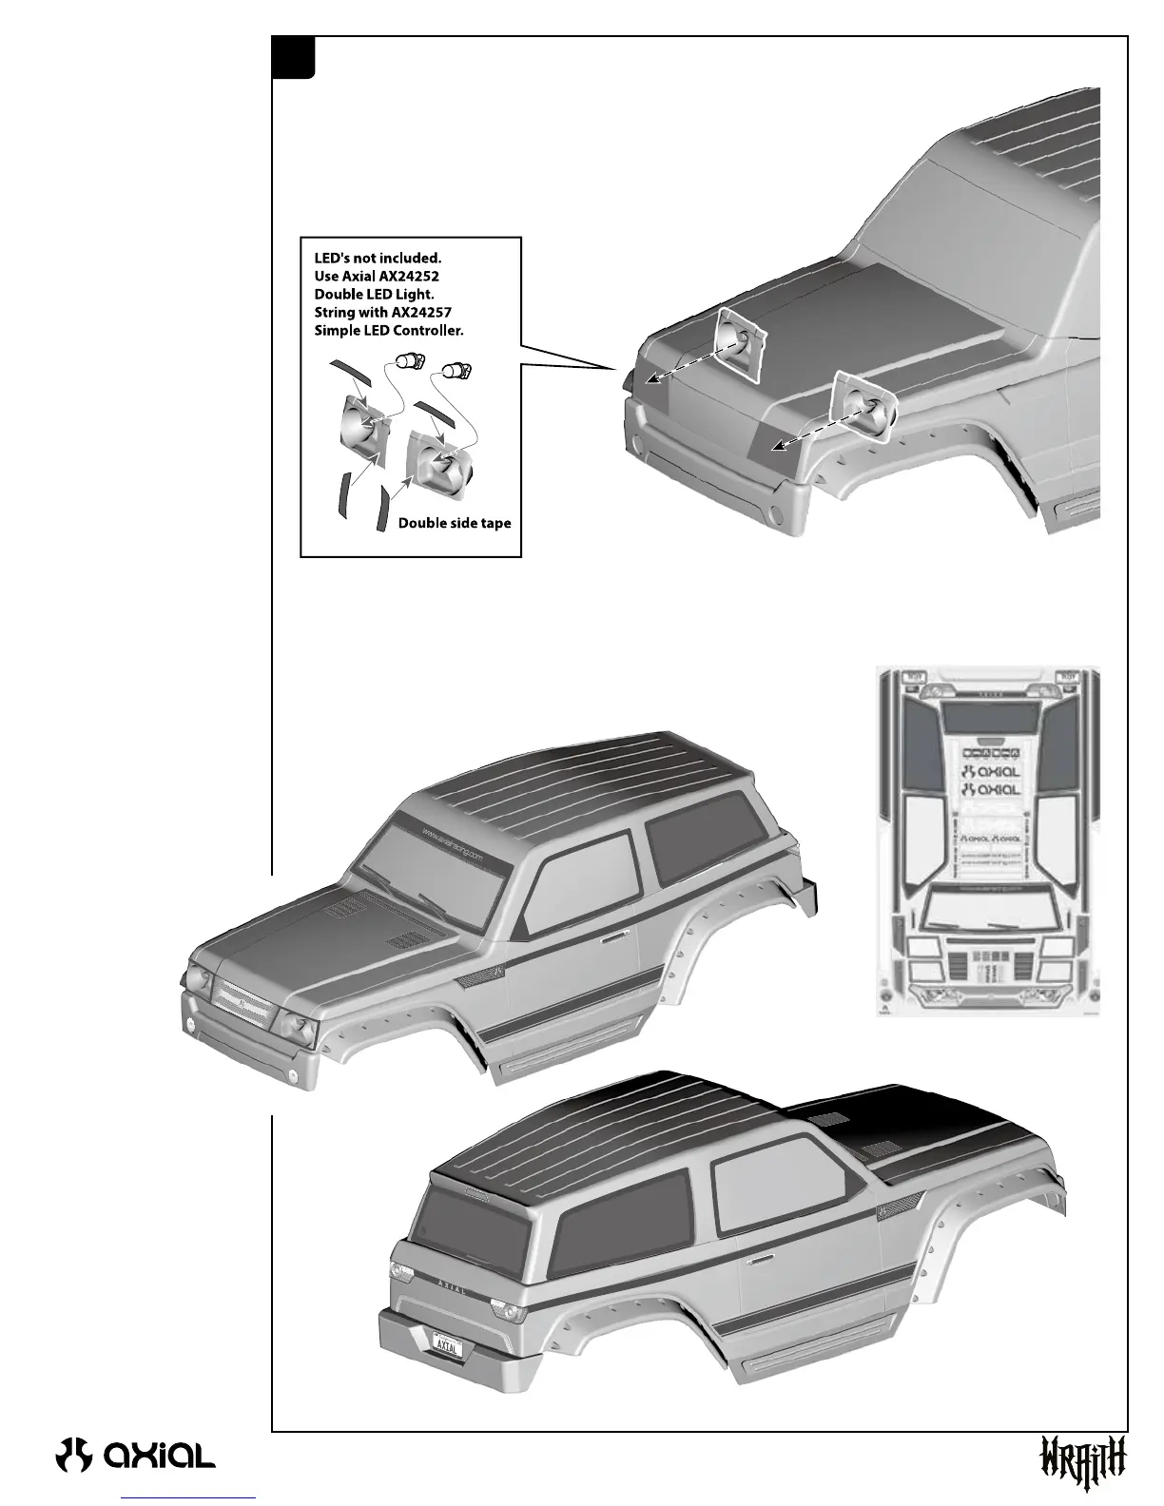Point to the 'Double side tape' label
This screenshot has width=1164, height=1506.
click(455, 523)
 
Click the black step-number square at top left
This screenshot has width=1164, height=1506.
click(293, 57)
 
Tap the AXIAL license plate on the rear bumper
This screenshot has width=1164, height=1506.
click(446, 1346)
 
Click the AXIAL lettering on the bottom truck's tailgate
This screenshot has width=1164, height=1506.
click(451, 1289)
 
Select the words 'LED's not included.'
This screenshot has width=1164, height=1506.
click(378, 258)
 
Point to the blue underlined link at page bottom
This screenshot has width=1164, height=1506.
click(189, 1497)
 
